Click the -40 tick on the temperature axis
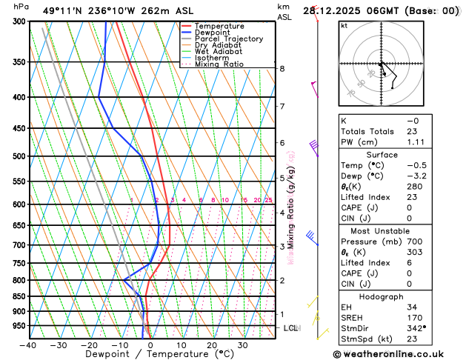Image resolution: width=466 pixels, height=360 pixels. [x=29, y=344]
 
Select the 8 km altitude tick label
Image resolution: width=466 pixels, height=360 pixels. [x=282, y=69]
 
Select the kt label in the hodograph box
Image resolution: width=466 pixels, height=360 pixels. [x=344, y=25]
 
